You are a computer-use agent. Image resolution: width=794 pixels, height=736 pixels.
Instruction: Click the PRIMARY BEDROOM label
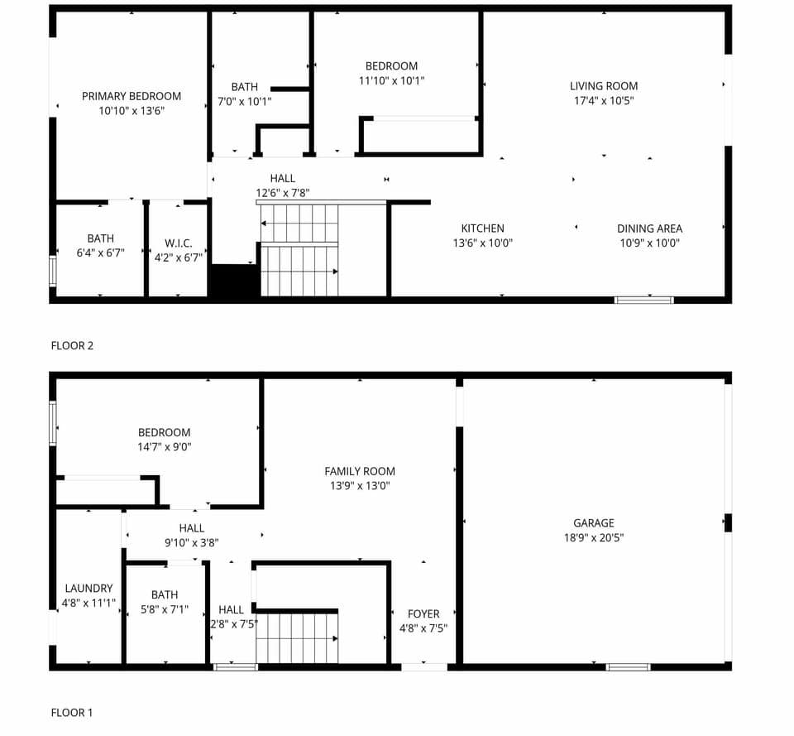(x=132, y=96)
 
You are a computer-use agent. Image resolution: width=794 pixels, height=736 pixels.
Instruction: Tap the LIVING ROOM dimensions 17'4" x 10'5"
(x=604, y=101)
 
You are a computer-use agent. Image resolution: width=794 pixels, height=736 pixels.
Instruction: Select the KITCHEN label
(x=482, y=228)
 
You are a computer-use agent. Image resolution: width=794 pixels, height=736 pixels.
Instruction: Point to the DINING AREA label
(x=649, y=228)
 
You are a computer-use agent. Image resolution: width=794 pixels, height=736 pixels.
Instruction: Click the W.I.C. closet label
(x=178, y=243)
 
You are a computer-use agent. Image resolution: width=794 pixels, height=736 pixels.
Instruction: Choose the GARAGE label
(x=594, y=522)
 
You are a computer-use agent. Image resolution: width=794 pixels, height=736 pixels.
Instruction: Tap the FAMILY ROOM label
(x=360, y=471)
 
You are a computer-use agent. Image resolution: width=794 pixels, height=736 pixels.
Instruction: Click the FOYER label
(x=423, y=613)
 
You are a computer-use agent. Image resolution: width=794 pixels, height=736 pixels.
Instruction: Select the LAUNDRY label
(x=88, y=589)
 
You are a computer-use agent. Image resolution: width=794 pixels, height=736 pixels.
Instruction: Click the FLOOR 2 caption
(x=72, y=345)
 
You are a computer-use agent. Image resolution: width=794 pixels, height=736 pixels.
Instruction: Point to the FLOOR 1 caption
(x=72, y=712)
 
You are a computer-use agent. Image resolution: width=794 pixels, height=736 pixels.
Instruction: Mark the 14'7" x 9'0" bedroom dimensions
(x=164, y=447)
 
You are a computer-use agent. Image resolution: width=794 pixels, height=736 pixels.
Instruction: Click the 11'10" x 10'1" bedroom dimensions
(x=391, y=81)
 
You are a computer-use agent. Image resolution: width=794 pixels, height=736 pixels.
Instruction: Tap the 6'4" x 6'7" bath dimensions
(x=100, y=253)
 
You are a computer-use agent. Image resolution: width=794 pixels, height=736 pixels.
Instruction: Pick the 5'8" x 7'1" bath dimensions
(x=164, y=609)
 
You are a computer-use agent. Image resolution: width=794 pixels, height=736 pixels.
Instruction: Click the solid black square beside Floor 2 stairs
(x=234, y=281)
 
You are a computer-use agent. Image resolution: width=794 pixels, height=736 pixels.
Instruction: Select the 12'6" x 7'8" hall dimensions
(x=282, y=193)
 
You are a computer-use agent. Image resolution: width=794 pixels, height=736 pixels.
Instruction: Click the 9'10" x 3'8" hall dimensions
(x=191, y=543)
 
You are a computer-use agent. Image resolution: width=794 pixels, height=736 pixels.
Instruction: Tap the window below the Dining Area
(x=643, y=300)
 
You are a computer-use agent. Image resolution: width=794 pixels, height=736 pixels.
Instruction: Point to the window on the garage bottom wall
(x=628, y=666)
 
